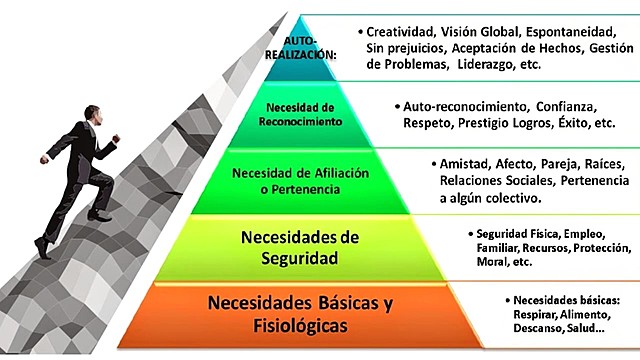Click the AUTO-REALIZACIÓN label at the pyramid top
308,49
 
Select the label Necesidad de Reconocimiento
306,114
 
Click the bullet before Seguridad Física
467,234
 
